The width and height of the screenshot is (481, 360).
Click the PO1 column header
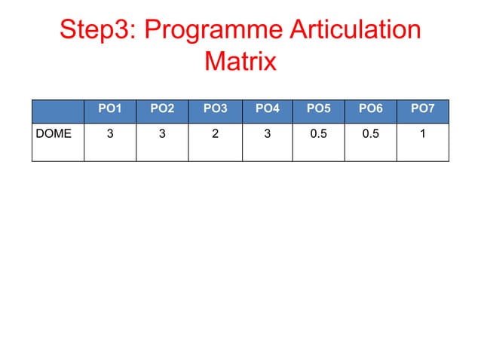click(x=110, y=109)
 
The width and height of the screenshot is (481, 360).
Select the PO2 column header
click(x=162, y=109)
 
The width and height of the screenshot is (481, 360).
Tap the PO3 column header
click(x=215, y=109)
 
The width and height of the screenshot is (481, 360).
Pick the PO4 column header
click(x=268, y=109)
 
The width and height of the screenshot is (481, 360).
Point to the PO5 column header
click(x=318, y=109)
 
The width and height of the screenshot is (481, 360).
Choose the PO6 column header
click(x=370, y=109)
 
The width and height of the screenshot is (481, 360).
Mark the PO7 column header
click(x=422, y=109)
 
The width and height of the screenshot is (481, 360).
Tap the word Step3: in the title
click(x=96, y=31)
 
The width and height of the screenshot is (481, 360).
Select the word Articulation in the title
click(x=352, y=31)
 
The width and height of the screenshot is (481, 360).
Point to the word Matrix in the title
click(x=240, y=61)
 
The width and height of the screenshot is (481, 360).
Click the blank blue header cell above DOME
click(x=57, y=110)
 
